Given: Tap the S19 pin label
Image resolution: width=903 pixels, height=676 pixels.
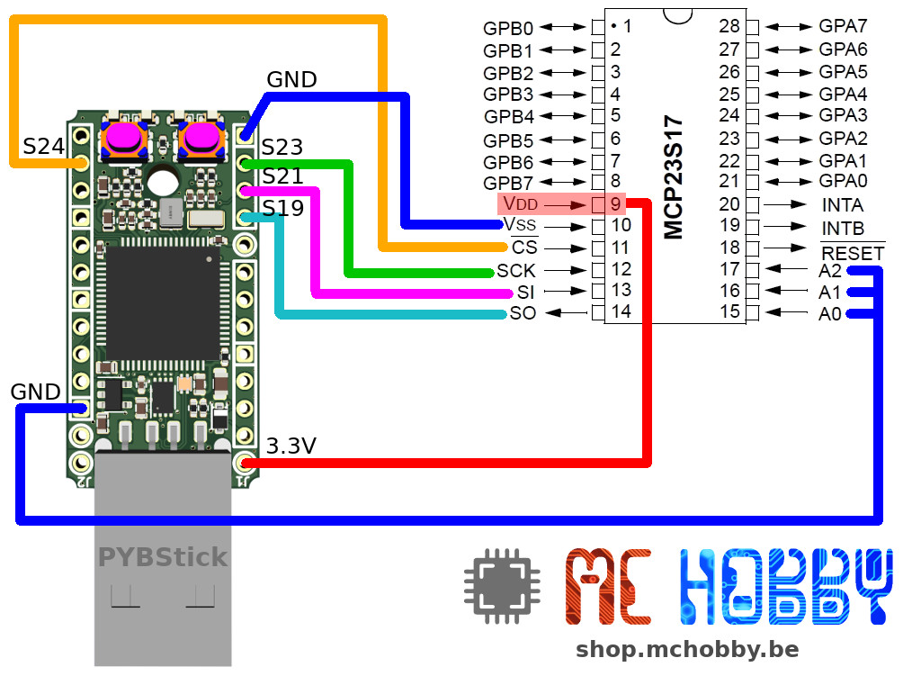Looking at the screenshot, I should click(282, 209).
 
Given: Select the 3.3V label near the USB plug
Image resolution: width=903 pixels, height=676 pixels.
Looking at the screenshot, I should click(291, 445).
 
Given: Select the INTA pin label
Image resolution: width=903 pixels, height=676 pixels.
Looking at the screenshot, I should click(842, 205).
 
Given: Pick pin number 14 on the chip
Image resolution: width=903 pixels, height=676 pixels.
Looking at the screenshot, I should click(621, 312).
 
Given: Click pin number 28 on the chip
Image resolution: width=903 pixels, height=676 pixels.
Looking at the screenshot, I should click(729, 27).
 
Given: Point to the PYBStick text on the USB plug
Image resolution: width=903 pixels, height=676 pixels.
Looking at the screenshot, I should click(163, 558).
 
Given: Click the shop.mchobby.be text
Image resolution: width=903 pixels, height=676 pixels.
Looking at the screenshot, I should click(686, 649).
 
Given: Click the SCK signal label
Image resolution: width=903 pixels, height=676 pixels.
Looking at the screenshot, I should click(515, 270).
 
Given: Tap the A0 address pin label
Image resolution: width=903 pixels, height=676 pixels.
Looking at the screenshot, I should click(829, 314).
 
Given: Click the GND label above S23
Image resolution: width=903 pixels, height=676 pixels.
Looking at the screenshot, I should click(291, 80).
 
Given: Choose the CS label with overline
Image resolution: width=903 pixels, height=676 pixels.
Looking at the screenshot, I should click(523, 248).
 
